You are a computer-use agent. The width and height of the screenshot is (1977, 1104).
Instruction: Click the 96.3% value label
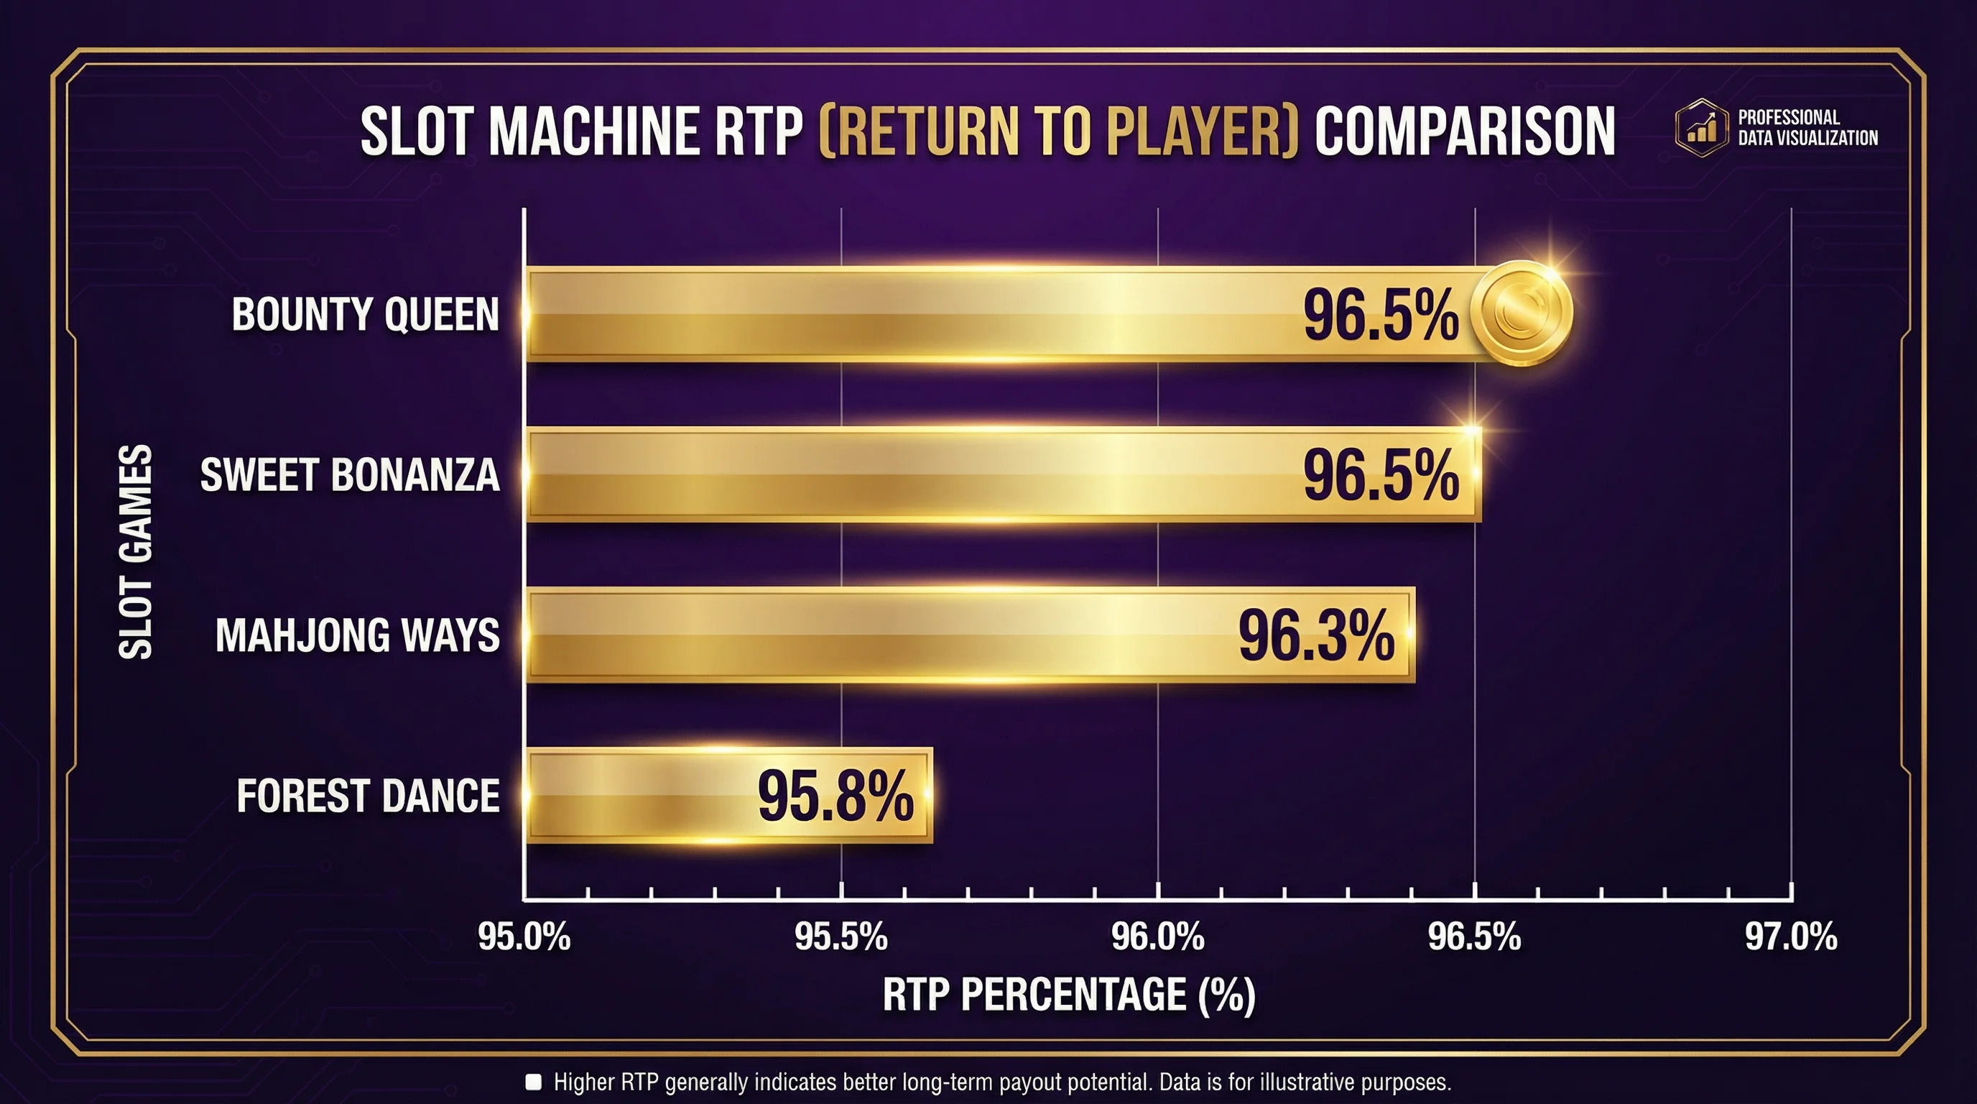pos(1316,635)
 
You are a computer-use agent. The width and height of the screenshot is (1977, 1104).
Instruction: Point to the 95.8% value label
pos(835,796)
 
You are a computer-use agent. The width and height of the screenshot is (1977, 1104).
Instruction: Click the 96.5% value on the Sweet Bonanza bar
pos(1381,475)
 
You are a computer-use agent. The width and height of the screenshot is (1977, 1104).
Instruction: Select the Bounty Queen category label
pos(366,315)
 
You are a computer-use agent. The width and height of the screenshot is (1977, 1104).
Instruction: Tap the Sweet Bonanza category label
pos(350,475)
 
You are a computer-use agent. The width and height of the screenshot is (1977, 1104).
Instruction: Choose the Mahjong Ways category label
pos(358,635)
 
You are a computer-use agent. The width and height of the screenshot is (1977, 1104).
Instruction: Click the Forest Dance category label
pos(369,796)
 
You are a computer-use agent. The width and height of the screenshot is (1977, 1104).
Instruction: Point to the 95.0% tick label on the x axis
pos(524,937)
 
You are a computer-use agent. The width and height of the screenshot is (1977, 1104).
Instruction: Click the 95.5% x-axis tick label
pos(841,937)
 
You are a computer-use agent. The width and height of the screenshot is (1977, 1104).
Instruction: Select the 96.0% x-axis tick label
pos(1158,937)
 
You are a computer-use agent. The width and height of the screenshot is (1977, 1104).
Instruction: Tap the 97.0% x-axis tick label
pos(1791,937)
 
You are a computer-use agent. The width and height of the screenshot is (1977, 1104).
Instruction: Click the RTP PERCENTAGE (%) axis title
pos(1069,995)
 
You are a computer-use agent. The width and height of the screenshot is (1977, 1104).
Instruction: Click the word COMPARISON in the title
pos(1464,132)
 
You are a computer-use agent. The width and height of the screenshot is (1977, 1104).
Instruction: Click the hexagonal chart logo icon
pos(1701,127)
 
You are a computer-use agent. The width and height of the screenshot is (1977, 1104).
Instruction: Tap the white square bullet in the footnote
pos(533,1082)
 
